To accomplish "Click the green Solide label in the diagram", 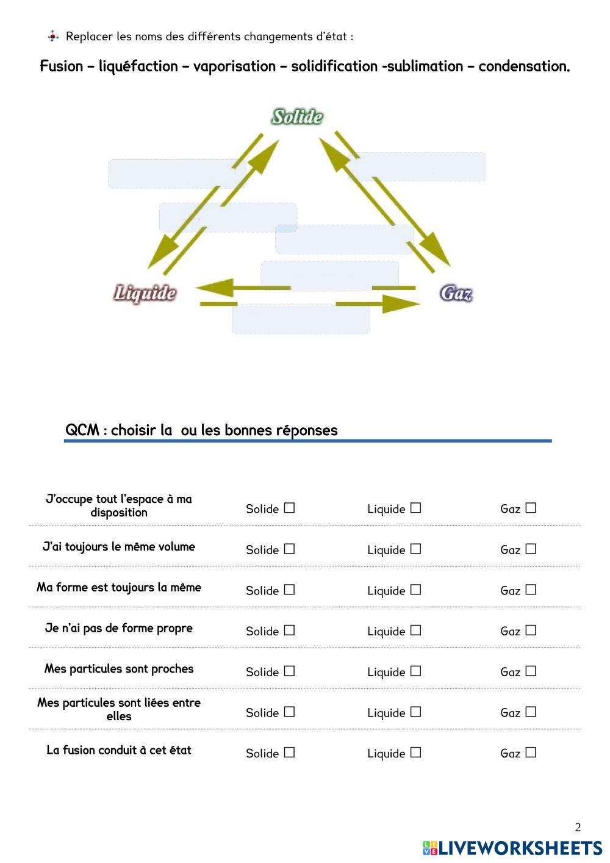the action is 297,117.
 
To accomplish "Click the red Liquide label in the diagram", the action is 145,294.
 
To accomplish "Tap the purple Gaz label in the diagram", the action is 456,294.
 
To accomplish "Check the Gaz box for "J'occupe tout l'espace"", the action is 531,508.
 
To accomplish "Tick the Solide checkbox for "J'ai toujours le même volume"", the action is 289,549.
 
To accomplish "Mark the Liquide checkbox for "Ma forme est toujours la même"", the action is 415,590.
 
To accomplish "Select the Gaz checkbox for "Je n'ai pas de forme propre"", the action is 531,630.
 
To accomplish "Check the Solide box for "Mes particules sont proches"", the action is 289,671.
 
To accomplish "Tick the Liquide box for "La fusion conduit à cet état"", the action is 415,753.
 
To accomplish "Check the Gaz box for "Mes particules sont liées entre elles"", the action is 531,712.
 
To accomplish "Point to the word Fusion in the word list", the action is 62,66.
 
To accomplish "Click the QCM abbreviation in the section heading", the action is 82,430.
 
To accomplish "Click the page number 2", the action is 578,828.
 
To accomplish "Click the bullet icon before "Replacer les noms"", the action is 53,36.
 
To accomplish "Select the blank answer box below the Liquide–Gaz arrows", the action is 301,319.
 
